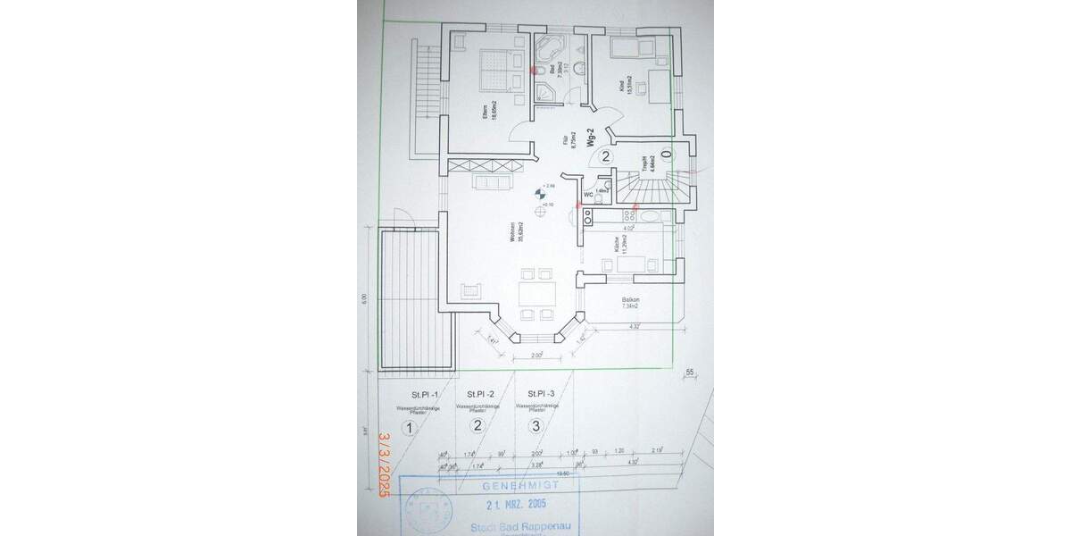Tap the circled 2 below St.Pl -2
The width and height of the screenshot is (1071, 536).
(477, 426)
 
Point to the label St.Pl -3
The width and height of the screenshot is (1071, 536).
(541, 393)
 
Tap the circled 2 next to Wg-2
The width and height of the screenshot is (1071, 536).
(605, 157)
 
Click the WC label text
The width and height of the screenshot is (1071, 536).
(589, 193)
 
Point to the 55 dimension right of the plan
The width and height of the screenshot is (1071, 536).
(689, 373)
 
